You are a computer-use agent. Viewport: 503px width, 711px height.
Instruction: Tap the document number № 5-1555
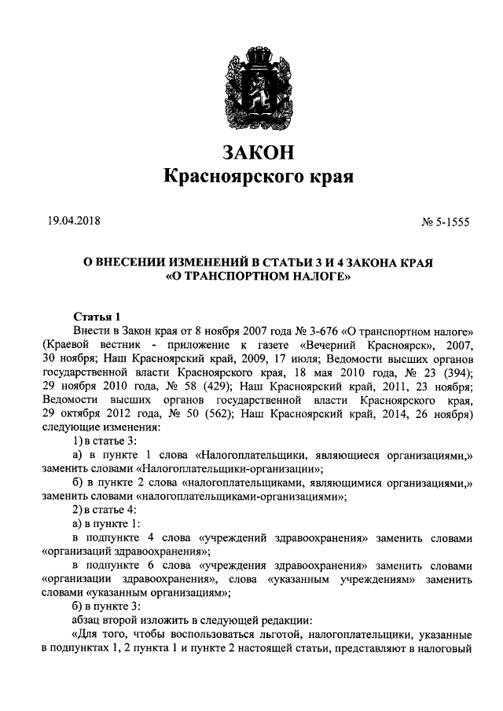(x=445, y=222)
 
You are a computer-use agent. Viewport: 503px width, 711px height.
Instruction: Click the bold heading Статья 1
(x=95, y=317)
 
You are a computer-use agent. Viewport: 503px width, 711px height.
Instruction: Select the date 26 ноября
(x=439, y=415)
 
